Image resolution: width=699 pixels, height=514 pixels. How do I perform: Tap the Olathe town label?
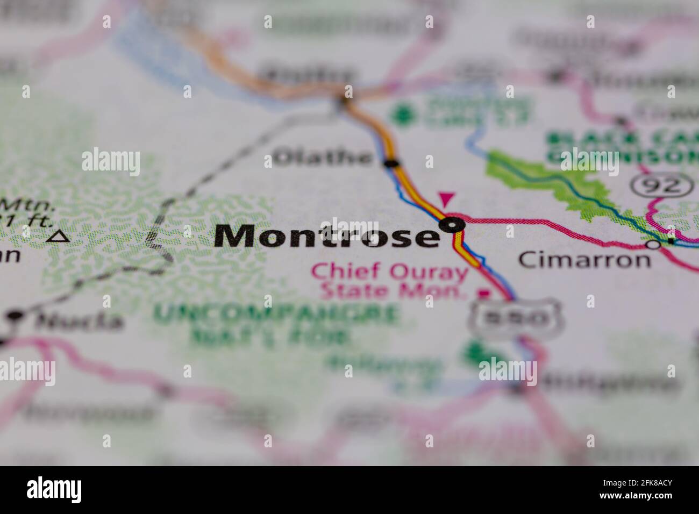pos(323,158)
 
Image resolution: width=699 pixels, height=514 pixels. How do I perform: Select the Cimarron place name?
pos(584,260)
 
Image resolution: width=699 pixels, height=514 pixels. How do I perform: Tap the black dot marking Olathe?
pos(393,163)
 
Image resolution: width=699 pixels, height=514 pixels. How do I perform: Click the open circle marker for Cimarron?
pos(653,245)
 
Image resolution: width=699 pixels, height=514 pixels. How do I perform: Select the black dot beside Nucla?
pos(16,315)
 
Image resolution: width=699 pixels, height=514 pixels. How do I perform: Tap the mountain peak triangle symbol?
pos(58,236)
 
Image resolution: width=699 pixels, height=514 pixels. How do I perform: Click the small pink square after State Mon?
pos(485,294)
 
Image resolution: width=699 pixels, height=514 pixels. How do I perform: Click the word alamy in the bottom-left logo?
pos(54,490)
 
